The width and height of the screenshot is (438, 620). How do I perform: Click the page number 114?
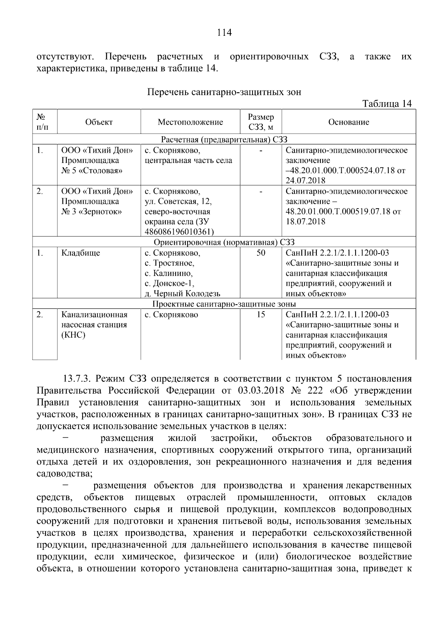click(224, 33)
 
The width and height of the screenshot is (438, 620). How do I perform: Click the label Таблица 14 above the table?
click(387, 104)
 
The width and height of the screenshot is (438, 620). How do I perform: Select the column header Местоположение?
click(190, 122)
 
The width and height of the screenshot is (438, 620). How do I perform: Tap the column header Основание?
click(349, 122)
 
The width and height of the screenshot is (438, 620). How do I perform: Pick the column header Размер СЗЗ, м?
click(261, 122)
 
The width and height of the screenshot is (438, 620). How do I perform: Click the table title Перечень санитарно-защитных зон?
click(224, 92)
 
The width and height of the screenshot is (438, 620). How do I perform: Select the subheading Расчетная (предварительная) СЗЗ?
click(224, 140)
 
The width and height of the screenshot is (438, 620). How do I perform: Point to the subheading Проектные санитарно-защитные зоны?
click(224, 304)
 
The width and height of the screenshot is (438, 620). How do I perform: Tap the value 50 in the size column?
click(261, 253)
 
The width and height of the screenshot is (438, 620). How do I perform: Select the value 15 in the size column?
click(261, 315)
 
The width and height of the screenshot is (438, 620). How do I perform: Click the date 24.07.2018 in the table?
click(306, 180)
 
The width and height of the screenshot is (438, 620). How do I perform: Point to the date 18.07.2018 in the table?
click(306, 222)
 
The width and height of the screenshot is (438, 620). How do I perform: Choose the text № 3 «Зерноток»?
click(91, 212)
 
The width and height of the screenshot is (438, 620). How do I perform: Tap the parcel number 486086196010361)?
click(179, 232)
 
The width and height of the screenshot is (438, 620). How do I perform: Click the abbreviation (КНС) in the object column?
click(73, 335)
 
